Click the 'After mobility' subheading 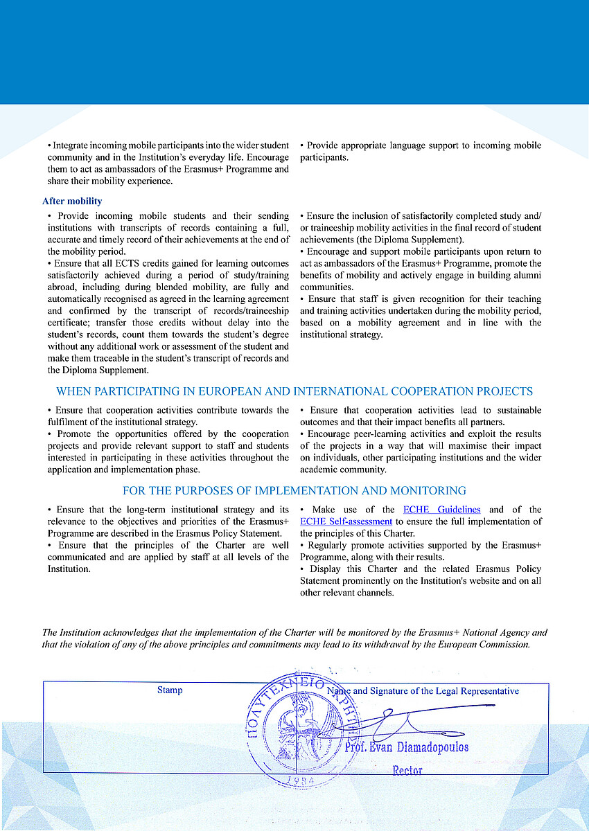[x=72, y=202]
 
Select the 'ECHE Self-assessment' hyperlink [x=346, y=521]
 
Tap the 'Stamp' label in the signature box [x=170, y=690]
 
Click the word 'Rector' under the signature [x=407, y=770]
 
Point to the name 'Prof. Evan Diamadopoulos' [x=406, y=748]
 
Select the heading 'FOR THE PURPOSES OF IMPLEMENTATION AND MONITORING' [x=294, y=491]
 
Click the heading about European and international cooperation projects [x=294, y=391]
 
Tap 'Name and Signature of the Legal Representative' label [x=423, y=691]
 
